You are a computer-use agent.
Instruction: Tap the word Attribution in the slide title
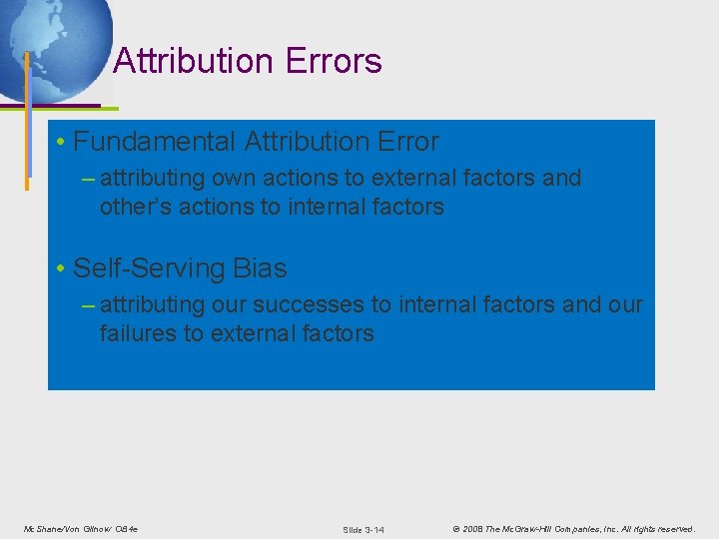tap(194, 62)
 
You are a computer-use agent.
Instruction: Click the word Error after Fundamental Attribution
tap(404, 142)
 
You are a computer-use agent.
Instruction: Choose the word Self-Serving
tap(139, 269)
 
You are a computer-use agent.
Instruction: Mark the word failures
tap(138, 333)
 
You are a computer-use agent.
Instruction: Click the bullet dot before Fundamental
tap(62, 143)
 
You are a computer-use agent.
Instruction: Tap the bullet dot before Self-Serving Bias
tap(62, 269)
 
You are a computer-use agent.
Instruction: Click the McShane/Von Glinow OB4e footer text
tap(80, 528)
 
